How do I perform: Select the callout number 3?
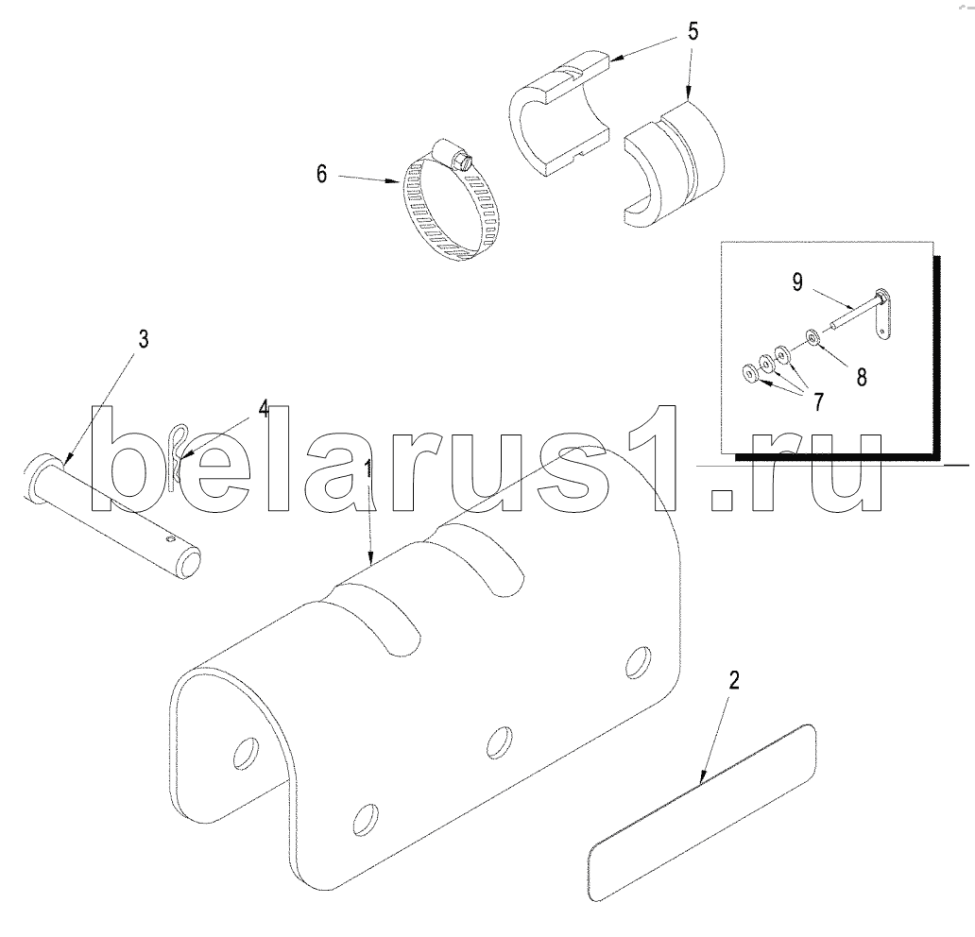pos(143,340)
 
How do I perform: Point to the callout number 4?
pos(264,409)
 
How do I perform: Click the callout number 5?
pos(693,31)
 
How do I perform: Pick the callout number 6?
pos(322,175)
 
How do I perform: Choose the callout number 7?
pos(814,400)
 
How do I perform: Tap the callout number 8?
pos(861,376)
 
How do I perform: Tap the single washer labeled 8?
pos(812,336)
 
